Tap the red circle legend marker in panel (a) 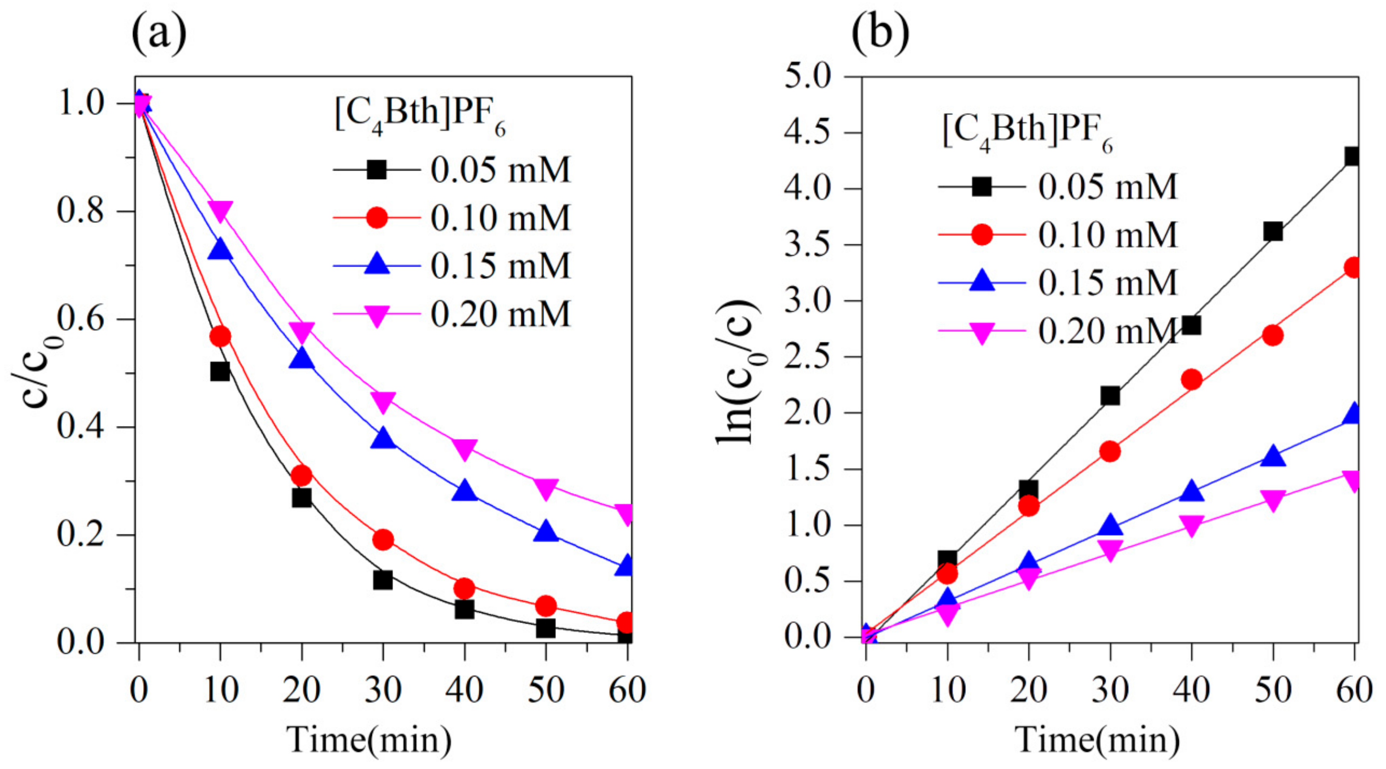[x=376, y=218]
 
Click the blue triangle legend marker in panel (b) [x=982, y=281]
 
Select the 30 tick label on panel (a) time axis [x=383, y=690]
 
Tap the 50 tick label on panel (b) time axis [x=1273, y=690]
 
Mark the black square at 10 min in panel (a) [x=219, y=371]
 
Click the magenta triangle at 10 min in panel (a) [x=221, y=210]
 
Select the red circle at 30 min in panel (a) [x=383, y=539]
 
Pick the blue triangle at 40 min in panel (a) [x=464, y=491]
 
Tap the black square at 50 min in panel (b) [x=1273, y=232]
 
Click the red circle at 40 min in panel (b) [x=1191, y=380]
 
